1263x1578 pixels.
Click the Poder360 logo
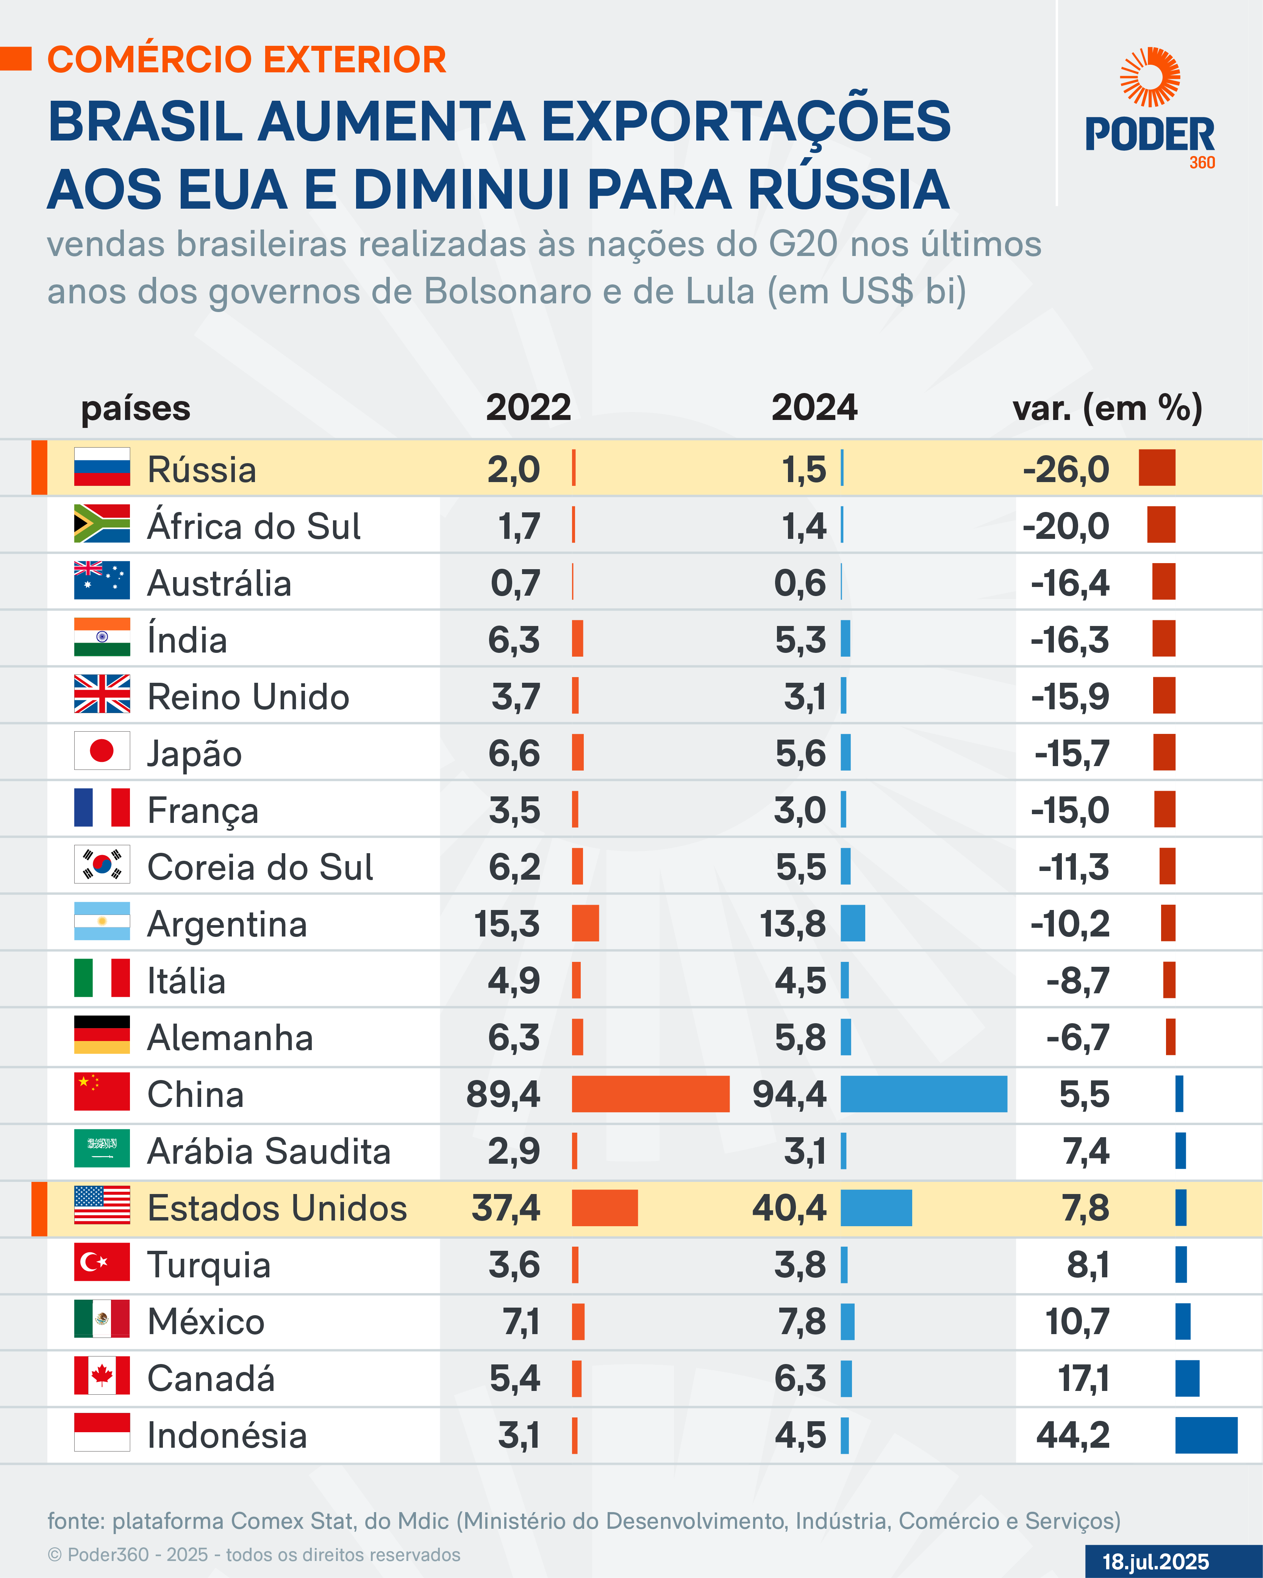click(x=1149, y=110)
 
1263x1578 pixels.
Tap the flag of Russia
click(x=102, y=467)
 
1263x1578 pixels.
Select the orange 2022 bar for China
click(x=650, y=1094)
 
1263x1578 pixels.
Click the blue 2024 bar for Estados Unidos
click(x=876, y=1208)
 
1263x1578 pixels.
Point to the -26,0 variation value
click(x=1066, y=469)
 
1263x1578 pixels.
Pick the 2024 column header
click(x=814, y=408)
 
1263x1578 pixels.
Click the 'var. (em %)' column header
click(x=1107, y=408)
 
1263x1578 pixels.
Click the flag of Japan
click(x=102, y=751)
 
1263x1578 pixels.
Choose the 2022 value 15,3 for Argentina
click(x=506, y=924)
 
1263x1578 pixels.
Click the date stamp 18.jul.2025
click(x=1155, y=1562)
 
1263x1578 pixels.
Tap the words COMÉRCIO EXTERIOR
click(x=247, y=60)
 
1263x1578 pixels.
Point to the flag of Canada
click(x=102, y=1376)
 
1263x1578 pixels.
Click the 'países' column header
click(x=136, y=408)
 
